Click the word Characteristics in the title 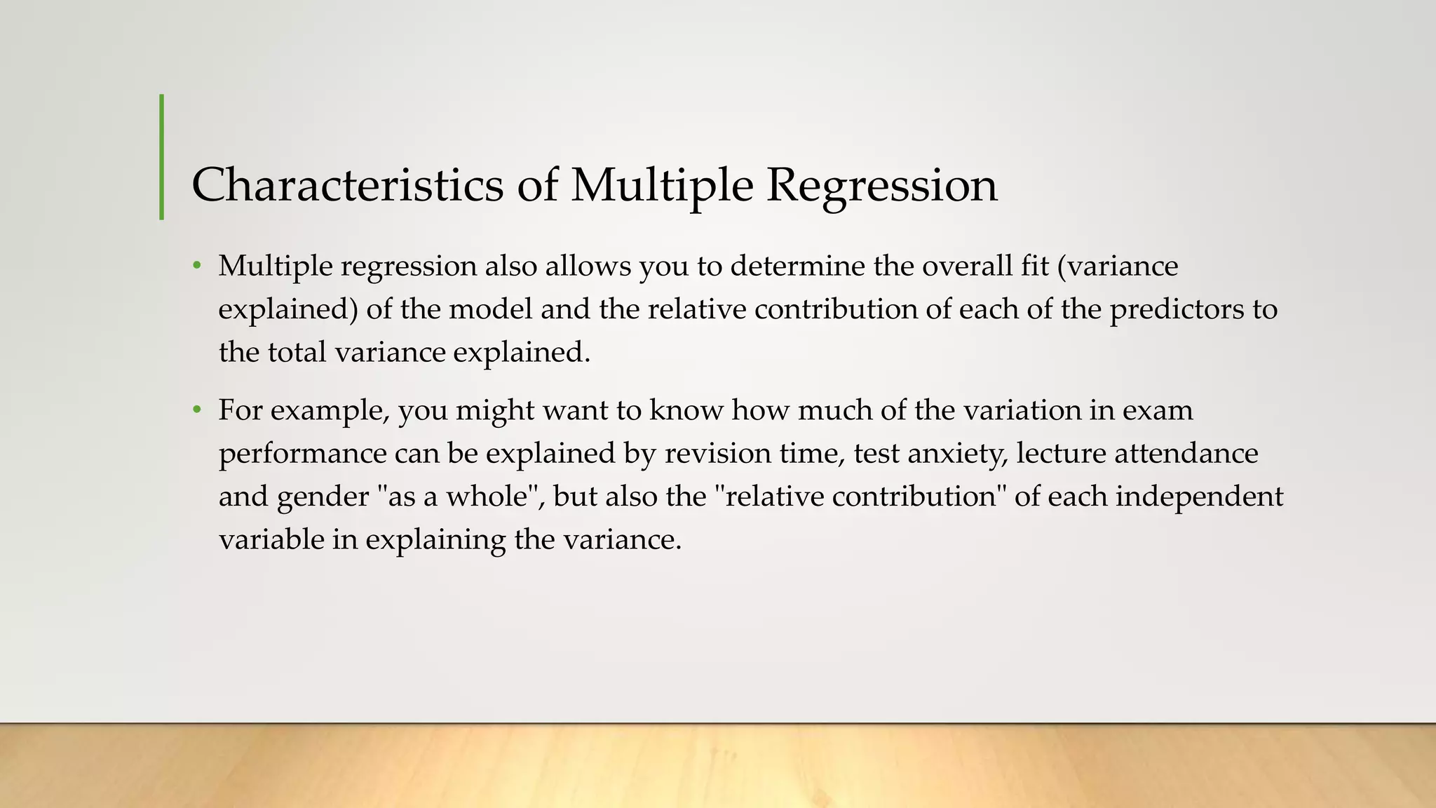coord(347,185)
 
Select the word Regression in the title coord(881,185)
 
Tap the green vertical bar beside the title coord(162,157)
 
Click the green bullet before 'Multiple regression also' coord(198,267)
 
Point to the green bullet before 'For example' coord(198,410)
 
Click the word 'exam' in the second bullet coord(1158,410)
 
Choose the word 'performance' coord(302,454)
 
